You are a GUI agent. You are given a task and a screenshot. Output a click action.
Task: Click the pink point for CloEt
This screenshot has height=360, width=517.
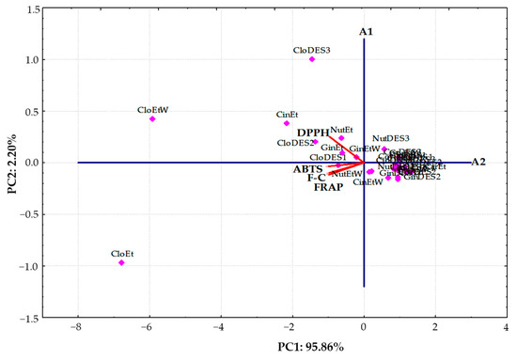(121, 262)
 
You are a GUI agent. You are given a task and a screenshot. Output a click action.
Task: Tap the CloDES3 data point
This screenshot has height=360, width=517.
(312, 59)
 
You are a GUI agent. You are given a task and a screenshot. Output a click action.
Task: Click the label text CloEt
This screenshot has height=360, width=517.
(121, 253)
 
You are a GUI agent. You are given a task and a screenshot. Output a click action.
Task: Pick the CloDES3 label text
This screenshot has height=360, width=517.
(312, 50)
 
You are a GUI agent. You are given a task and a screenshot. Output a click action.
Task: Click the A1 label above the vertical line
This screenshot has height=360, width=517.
(367, 32)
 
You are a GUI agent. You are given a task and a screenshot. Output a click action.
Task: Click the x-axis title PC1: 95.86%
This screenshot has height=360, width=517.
(290, 349)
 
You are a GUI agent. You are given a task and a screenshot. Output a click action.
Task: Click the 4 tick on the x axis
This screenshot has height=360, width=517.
(507, 329)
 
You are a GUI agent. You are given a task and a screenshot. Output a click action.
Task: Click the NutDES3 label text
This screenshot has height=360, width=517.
(390, 138)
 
